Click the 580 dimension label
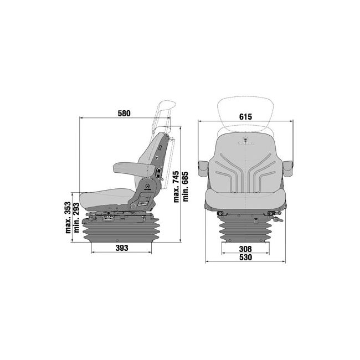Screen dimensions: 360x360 pos(124,114)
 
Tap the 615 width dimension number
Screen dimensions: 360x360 pos(245,117)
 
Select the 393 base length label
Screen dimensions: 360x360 pos(122,248)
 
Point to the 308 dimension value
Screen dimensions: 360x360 pos(245,249)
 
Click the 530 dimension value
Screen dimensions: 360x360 pos(245,258)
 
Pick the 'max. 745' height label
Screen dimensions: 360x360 pos(176,187)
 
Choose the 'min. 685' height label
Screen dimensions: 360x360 pos(185,187)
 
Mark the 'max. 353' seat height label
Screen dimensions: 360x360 pos(68,218)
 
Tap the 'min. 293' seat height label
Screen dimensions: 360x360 pos(76,218)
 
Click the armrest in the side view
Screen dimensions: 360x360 pos(133,168)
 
